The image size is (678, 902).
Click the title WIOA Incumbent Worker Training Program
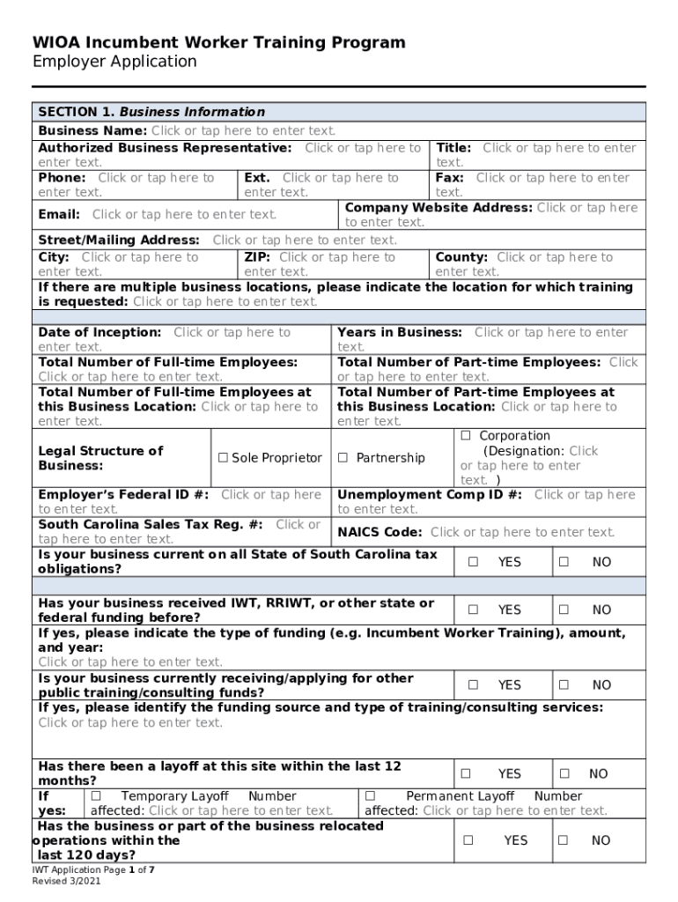(x=219, y=42)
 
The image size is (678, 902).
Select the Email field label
(x=59, y=214)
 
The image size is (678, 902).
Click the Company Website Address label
(x=438, y=208)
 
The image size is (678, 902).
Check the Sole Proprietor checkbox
(x=224, y=458)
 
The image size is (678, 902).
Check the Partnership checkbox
(x=343, y=458)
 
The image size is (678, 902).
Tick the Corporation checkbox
(x=466, y=436)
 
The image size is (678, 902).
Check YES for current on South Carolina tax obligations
(x=473, y=562)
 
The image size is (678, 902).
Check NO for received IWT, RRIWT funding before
(x=564, y=610)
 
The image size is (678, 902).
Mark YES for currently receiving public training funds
(x=473, y=685)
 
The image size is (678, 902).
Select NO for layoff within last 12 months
(x=564, y=774)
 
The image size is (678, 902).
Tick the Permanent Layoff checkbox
(x=371, y=796)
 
